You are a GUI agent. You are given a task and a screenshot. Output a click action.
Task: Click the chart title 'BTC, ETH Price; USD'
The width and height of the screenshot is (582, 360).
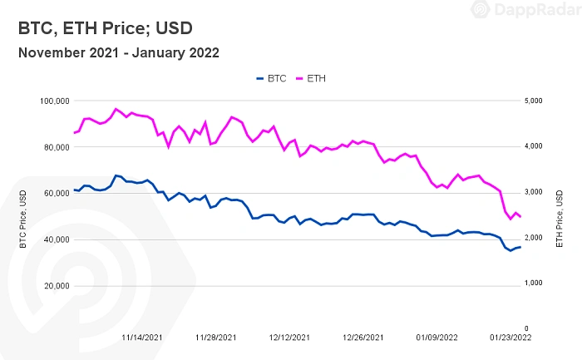tap(105, 28)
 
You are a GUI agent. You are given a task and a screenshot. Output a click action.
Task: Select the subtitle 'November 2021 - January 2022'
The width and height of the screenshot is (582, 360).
tap(118, 53)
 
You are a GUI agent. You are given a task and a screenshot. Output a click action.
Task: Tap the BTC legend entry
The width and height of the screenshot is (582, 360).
tap(271, 78)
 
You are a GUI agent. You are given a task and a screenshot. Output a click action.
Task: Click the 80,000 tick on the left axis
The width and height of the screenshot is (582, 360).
tap(55, 147)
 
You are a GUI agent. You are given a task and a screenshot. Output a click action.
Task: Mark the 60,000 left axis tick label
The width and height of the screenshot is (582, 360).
tap(55, 193)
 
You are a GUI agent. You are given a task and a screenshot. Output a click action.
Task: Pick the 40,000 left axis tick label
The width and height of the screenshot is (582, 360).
tap(55, 239)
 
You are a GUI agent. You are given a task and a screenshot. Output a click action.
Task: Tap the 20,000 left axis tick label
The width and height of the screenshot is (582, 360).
tap(55, 285)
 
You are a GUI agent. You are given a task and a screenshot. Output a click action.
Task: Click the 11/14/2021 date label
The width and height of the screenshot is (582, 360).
tap(142, 338)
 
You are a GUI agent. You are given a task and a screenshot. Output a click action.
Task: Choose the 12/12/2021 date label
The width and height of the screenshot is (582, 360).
tap(291, 338)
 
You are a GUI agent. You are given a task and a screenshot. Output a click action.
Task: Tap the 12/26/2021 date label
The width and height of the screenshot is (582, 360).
tap(364, 338)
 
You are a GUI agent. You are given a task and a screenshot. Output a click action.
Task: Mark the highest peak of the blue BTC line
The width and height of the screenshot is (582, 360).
tap(116, 175)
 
